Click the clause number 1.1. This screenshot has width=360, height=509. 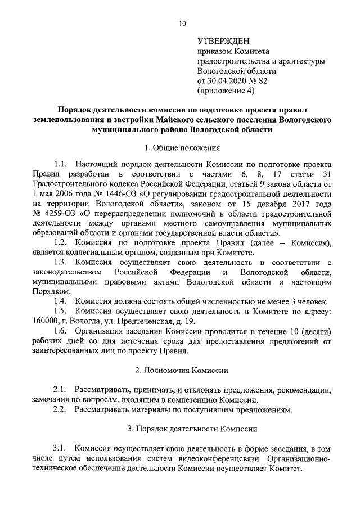coord(61,164)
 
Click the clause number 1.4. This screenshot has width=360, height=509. coord(61,301)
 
